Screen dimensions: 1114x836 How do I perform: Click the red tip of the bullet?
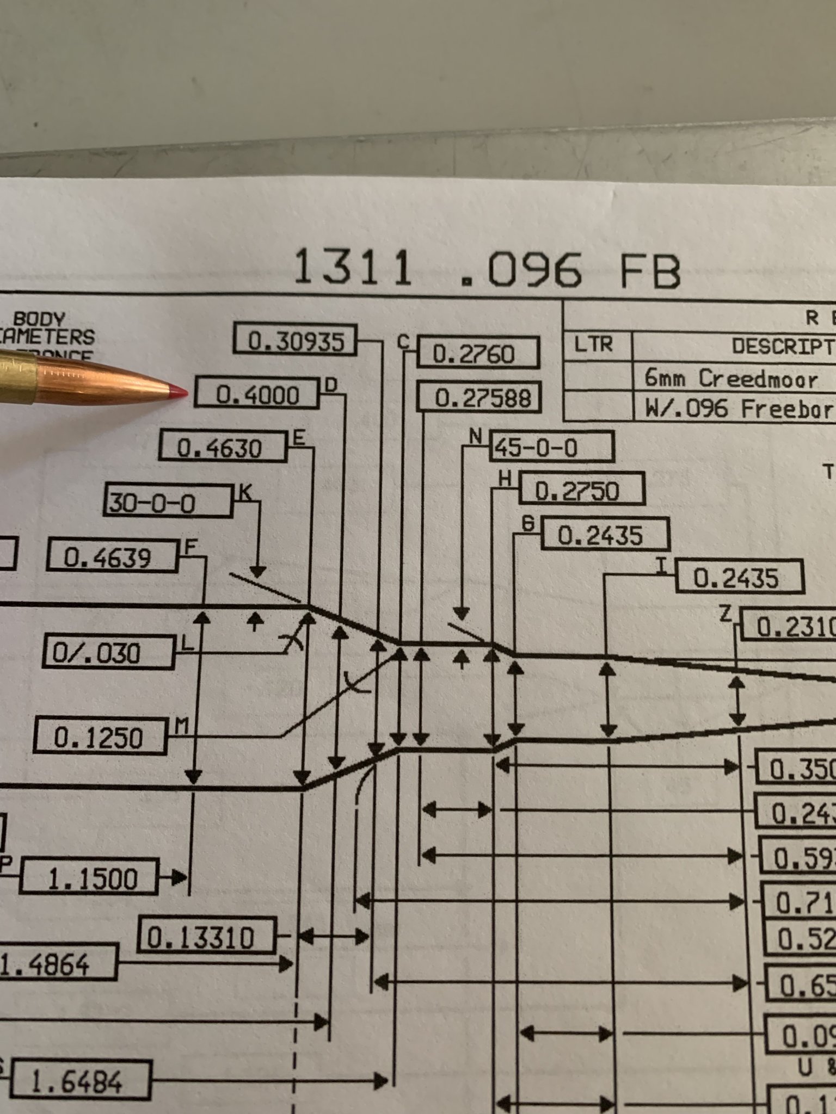(x=179, y=391)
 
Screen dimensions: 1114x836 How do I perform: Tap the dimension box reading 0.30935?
(x=296, y=341)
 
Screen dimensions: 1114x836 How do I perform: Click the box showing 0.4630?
(x=223, y=448)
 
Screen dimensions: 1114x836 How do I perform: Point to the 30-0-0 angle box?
(x=167, y=502)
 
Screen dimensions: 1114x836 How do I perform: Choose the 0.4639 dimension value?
(x=112, y=556)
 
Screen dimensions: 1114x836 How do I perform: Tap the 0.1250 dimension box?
(x=100, y=737)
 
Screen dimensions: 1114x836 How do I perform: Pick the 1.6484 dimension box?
(x=79, y=1067)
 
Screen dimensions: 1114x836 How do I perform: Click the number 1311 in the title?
(x=353, y=268)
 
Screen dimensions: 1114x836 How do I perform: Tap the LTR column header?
(x=594, y=344)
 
